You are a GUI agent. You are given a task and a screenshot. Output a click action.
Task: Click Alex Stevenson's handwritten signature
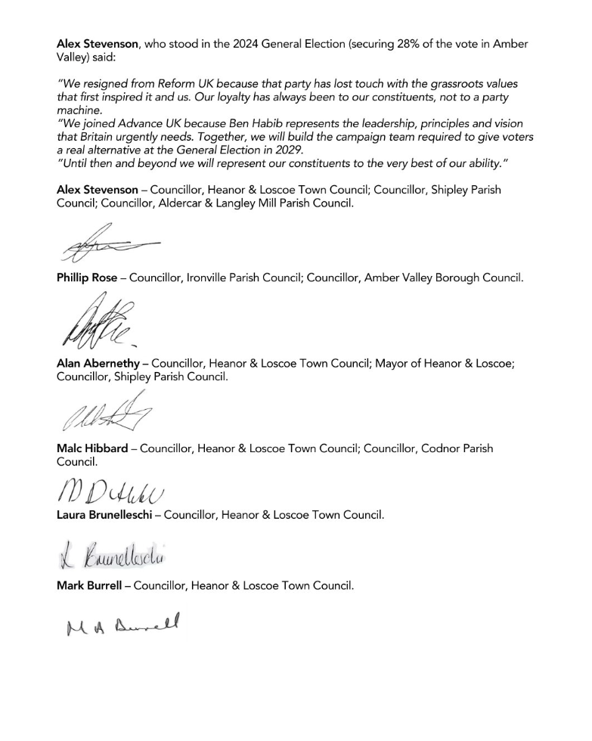pos(106,243)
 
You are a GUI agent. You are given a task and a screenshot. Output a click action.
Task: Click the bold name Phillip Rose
pos(87,278)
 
